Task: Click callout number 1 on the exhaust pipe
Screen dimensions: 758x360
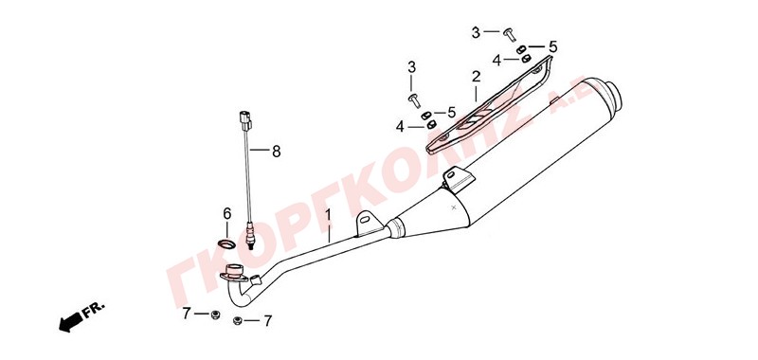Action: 328,213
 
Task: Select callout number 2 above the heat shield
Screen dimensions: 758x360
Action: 477,77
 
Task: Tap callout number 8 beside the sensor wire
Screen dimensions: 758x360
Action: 276,152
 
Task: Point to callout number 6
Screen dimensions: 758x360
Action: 227,213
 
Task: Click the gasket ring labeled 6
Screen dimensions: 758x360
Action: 226,243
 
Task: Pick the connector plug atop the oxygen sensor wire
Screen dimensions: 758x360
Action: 245,121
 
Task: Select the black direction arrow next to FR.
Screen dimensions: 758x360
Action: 70,322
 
